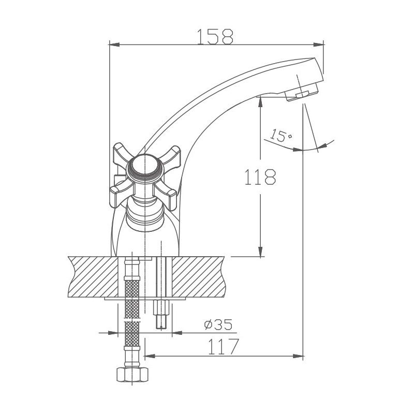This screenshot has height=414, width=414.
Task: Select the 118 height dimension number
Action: tap(260, 178)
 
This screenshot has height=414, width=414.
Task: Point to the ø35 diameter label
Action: tap(218, 325)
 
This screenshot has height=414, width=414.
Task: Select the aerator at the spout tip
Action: tap(302, 94)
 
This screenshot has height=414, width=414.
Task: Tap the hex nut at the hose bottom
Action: tap(132, 375)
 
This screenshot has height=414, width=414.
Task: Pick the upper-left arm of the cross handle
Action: tap(122, 155)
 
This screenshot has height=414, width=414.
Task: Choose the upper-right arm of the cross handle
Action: tap(173, 154)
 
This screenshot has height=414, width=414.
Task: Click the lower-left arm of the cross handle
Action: tap(117, 194)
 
